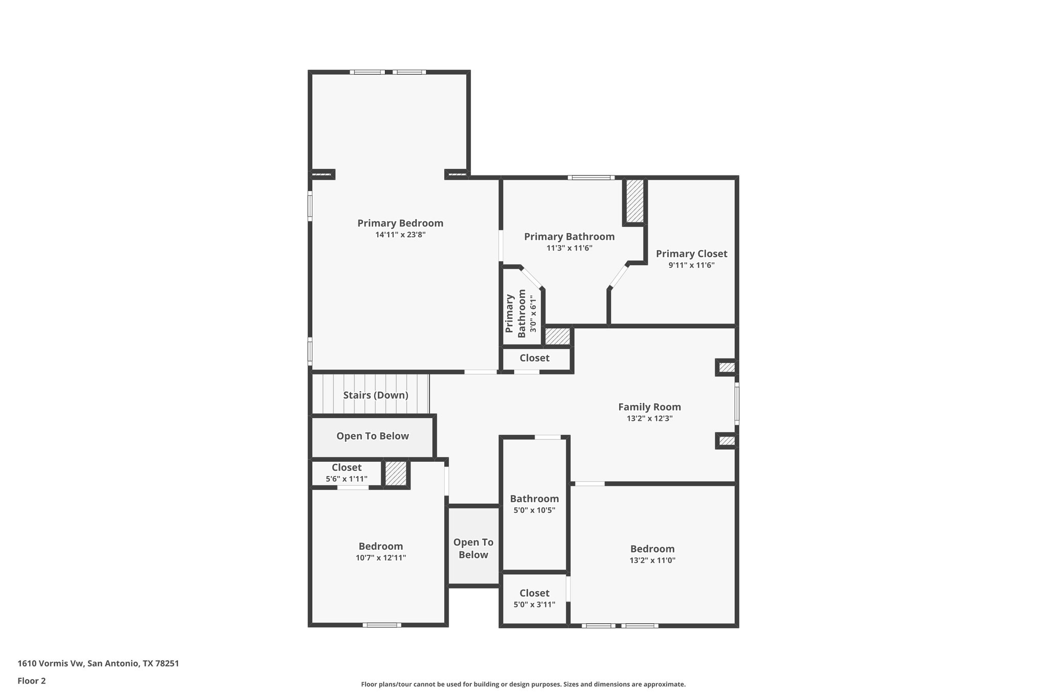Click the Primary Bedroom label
point(400,223)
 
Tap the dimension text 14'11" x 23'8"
point(400,235)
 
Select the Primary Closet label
point(691,254)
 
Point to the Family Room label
point(649,407)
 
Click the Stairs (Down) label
point(375,395)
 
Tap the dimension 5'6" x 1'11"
point(346,479)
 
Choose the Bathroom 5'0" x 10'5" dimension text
point(534,510)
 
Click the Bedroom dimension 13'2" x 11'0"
point(652,560)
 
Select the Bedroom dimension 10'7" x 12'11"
point(380,558)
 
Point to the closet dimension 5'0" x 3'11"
point(534,604)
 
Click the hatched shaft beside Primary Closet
point(634,200)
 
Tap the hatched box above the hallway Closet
point(557,336)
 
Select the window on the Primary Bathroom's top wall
point(590,177)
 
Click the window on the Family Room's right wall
point(737,404)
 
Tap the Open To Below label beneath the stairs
point(372,436)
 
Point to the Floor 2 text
point(32,681)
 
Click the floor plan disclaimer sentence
point(523,684)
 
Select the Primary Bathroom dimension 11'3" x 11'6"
point(569,248)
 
